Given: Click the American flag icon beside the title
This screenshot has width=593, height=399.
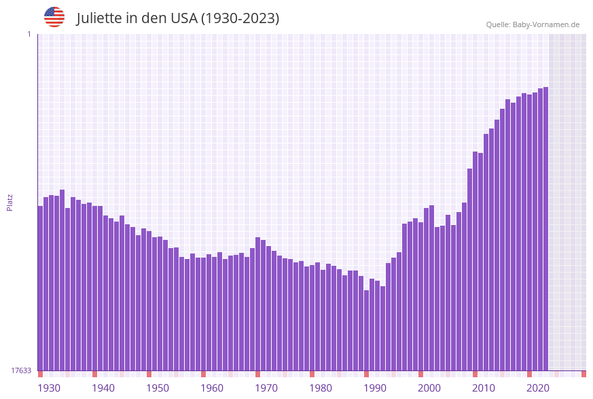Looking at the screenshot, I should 54,17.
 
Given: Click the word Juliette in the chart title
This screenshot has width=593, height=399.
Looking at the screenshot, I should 99,18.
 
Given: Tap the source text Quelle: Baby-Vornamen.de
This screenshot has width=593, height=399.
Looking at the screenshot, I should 533,24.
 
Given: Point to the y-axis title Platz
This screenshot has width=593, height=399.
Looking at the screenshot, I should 10,202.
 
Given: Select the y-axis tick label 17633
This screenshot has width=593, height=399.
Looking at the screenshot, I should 21,370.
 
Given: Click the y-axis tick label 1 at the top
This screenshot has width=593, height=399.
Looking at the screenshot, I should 29,34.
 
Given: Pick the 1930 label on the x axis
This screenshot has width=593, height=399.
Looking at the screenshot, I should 49,388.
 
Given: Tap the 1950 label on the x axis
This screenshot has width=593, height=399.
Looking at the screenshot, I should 158,388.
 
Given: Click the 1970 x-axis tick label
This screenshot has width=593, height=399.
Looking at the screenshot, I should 266,388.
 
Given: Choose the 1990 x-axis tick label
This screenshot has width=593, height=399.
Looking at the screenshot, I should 375,388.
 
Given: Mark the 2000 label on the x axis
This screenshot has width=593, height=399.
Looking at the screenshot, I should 429,388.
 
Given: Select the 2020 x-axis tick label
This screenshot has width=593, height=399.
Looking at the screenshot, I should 538,388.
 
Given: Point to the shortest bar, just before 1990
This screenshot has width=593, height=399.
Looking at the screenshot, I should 366,330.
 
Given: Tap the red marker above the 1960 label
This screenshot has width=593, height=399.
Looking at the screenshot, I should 203,374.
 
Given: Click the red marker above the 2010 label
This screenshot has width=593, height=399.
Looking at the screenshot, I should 475,374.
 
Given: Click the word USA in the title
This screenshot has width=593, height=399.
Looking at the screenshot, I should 184,18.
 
